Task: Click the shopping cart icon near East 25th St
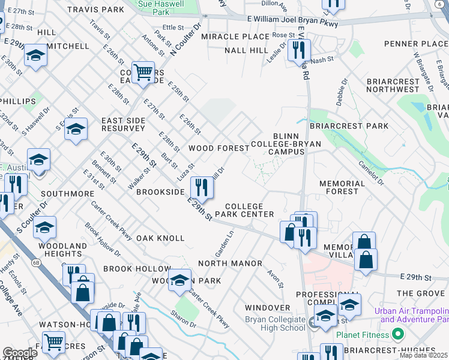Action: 143,73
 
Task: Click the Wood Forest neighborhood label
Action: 218,148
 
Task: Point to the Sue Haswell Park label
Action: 161,8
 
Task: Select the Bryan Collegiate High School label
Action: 275,323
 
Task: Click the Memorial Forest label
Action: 342,187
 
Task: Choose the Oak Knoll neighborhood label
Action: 160,238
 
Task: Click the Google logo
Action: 20,353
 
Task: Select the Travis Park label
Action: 95,10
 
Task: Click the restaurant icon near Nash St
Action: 298,50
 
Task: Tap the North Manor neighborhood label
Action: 230,263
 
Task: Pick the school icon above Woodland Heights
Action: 44,228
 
